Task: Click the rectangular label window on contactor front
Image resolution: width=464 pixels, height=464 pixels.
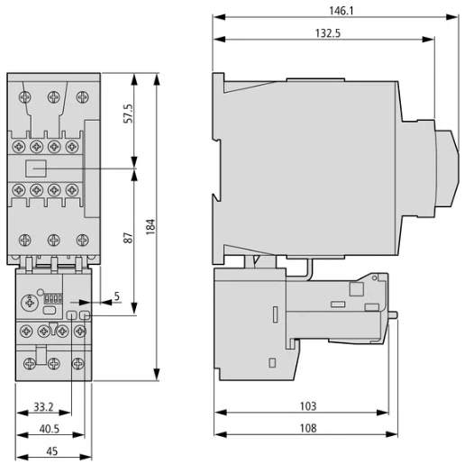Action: [x=37, y=168]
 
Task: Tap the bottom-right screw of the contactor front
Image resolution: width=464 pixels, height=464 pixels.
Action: [x=83, y=240]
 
